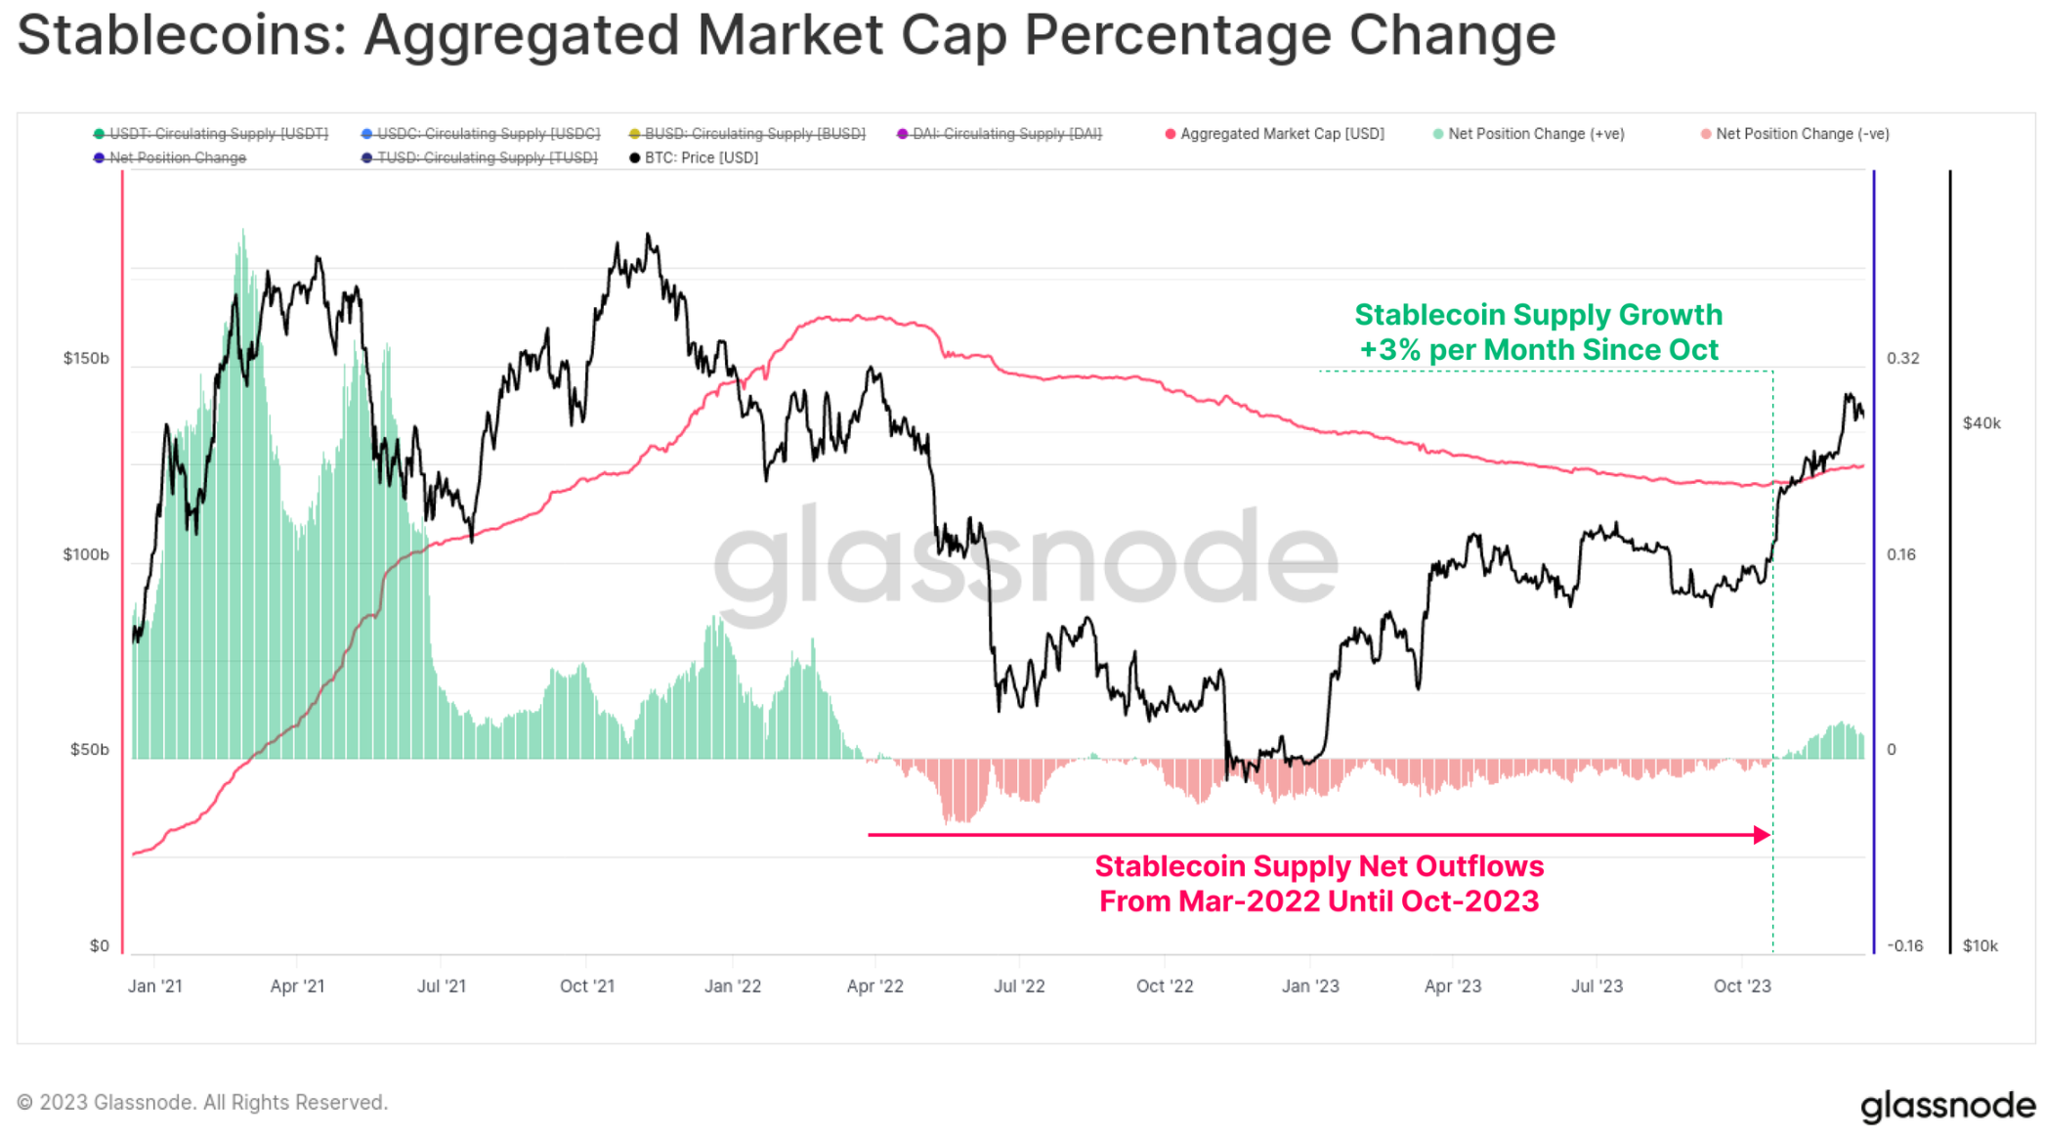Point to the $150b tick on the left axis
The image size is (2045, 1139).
(86, 359)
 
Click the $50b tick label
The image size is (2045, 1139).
(89, 750)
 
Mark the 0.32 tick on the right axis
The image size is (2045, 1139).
(1902, 359)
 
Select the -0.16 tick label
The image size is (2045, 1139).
(1904, 945)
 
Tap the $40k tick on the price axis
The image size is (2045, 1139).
(1981, 423)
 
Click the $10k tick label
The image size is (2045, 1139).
(1980, 945)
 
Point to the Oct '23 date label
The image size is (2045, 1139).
(1742, 986)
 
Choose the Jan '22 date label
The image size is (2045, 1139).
(733, 986)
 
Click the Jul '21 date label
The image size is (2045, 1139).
(442, 986)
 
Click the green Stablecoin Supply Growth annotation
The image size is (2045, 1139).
(1538, 332)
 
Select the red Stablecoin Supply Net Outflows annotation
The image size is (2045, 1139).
(1319, 884)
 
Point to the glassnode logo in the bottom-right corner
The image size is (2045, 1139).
(1947, 1106)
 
